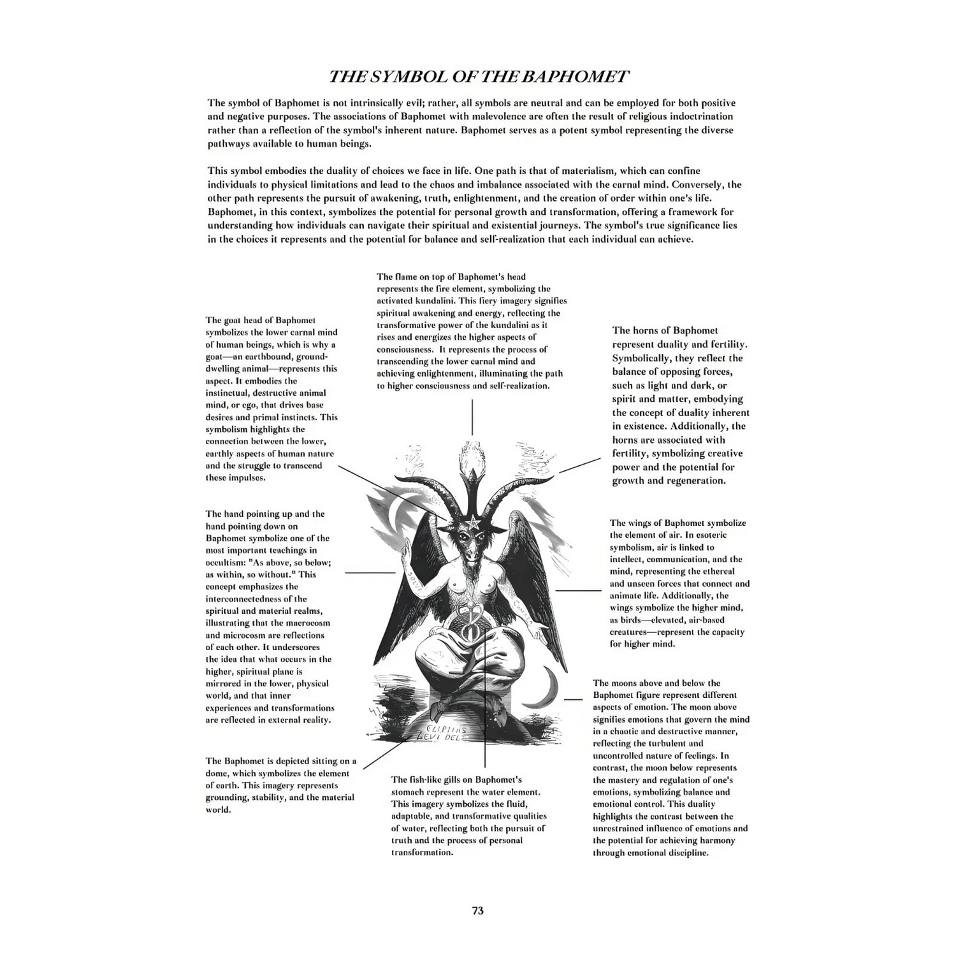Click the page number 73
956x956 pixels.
[477, 910]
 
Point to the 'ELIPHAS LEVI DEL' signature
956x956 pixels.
[446, 733]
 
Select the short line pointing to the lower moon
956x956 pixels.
[573, 699]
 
